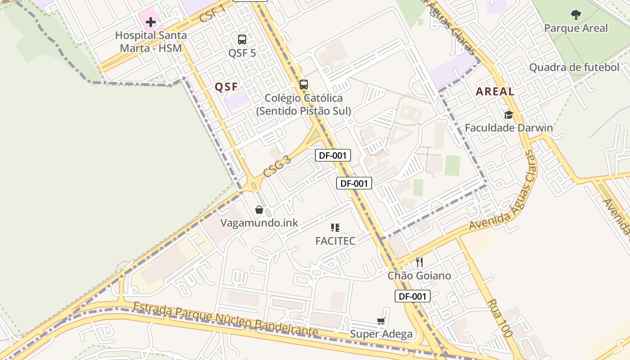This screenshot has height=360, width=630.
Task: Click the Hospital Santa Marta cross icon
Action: coord(151,22)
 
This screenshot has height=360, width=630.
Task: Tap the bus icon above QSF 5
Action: coord(242,40)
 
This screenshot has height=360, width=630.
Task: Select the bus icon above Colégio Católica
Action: coord(304,84)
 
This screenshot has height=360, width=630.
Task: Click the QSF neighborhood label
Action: coord(226,87)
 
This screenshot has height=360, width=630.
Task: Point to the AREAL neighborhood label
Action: coord(495,91)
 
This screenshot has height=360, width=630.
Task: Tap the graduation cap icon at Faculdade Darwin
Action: coord(508,115)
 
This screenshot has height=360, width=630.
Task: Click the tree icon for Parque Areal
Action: coord(576,15)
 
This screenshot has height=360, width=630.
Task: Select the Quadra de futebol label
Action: coord(574,67)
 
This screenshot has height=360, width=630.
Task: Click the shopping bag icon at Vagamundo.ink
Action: coord(259,210)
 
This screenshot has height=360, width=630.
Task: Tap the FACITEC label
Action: coord(335,241)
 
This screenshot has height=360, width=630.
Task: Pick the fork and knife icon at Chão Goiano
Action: coord(419,262)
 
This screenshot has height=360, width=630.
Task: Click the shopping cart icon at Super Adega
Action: coord(381,321)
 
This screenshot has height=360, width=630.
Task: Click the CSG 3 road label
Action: coord(277,166)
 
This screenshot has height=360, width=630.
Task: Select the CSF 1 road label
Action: coord(212,12)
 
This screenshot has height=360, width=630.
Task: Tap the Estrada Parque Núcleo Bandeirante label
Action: coord(225,320)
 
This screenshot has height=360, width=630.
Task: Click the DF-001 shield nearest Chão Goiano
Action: coord(413,296)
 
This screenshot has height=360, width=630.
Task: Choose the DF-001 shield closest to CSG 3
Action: coord(333,156)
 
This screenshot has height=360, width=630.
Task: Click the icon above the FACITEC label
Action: coord(335,228)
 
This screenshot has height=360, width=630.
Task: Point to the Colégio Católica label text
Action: coord(303,104)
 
